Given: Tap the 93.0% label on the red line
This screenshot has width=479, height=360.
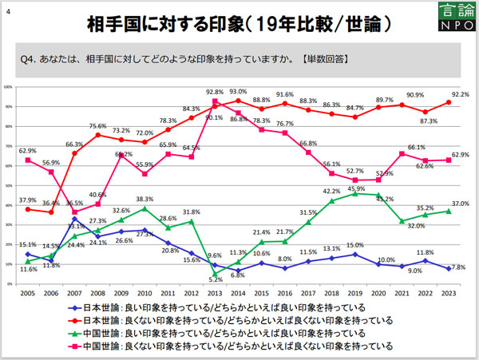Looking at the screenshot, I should click(x=238, y=92).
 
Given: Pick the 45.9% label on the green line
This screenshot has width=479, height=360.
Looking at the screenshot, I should click(x=356, y=188).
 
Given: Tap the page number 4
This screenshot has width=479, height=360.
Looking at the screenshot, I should click(x=7, y=9).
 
